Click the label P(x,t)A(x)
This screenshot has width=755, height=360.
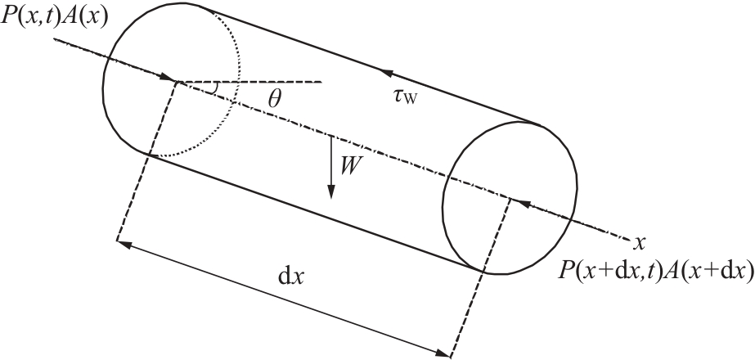tap(55, 17)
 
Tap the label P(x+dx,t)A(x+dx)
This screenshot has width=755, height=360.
tap(656, 271)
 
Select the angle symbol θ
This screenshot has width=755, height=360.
tap(275, 99)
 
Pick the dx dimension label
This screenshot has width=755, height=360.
tap(292, 277)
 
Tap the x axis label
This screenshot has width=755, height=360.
tap(639, 243)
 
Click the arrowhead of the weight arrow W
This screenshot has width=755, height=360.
tap(330, 192)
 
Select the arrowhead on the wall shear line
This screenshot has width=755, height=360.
tap(386, 74)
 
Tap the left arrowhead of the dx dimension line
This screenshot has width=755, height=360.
tap(124, 244)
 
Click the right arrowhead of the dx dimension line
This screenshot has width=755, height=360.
tap(443, 354)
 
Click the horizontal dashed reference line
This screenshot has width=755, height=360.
tap(250, 82)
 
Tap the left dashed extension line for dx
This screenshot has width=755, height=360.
tap(147, 161)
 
